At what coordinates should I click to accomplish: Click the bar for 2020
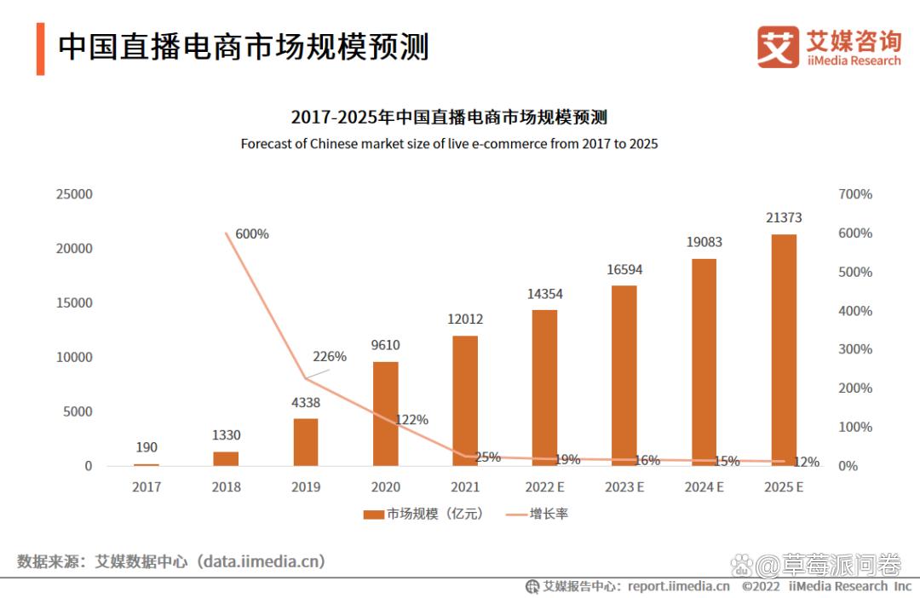(x=385, y=414)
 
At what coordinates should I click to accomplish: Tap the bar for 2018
(x=226, y=458)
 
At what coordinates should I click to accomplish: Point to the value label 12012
(x=465, y=319)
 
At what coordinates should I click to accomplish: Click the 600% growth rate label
(x=252, y=233)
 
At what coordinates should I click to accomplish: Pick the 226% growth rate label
(x=330, y=357)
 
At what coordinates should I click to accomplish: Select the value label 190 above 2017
(x=146, y=447)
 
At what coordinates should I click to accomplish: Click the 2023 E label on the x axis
(x=624, y=487)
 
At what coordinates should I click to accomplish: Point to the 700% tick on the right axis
(x=855, y=194)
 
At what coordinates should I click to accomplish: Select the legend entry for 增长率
(x=538, y=515)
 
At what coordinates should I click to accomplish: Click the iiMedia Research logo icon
(x=778, y=47)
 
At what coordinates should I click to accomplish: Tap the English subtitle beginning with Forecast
(x=449, y=144)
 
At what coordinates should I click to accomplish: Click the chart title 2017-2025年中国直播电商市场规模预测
(x=449, y=117)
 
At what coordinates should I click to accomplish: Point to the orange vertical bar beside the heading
(x=40, y=49)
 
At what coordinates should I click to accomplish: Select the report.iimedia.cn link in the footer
(x=678, y=586)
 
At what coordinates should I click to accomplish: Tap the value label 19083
(x=704, y=242)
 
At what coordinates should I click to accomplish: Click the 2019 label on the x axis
(x=306, y=487)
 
